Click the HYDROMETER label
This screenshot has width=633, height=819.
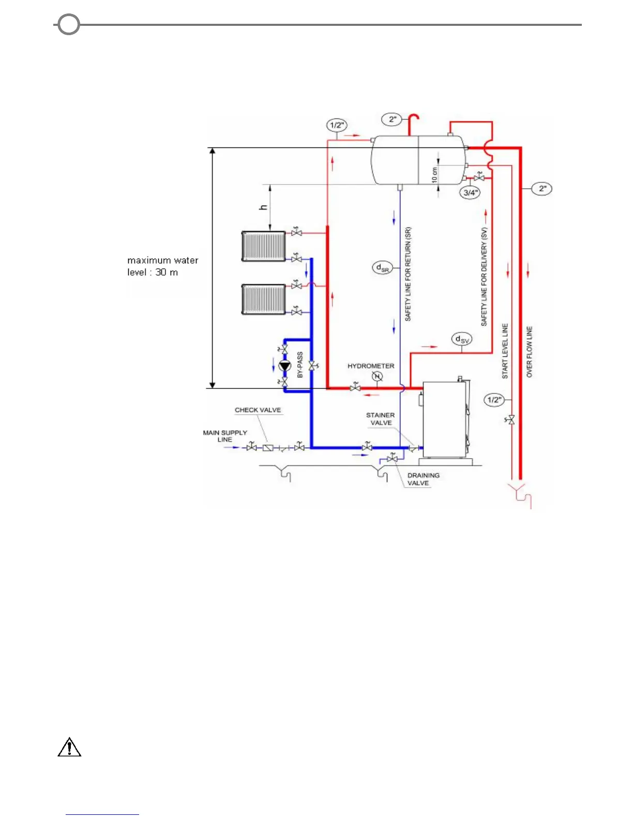[370, 366]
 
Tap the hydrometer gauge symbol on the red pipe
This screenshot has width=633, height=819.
[377, 376]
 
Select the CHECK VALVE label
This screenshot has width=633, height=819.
[258, 410]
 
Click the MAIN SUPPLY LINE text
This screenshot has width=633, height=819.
[225, 436]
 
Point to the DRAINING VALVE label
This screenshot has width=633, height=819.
[423, 479]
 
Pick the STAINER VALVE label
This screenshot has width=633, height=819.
[380, 419]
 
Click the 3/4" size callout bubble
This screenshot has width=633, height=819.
[471, 193]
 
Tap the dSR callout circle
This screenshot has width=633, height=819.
[383, 268]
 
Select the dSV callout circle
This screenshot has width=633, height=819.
[461, 340]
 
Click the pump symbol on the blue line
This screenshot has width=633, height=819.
[284, 366]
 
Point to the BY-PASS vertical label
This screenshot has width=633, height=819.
[300, 365]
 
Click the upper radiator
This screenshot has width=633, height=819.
[264, 246]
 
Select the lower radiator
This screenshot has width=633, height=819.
[264, 299]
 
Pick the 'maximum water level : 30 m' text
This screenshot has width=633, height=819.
[162, 266]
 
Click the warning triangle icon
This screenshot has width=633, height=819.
[69, 748]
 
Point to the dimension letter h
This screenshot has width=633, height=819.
[264, 207]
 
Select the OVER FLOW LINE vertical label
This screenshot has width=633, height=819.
[529, 352]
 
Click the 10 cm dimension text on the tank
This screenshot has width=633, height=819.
[434, 174]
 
